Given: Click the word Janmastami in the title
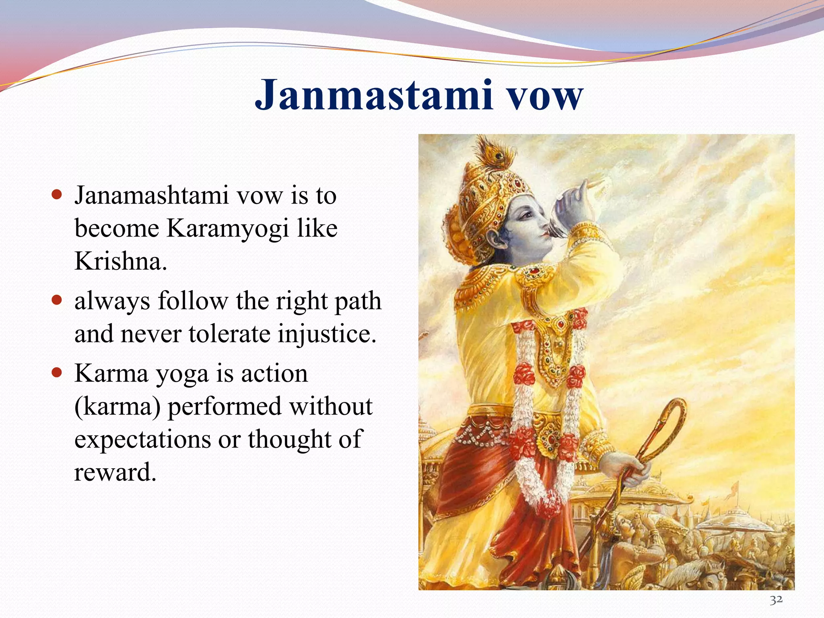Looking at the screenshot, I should [374, 95].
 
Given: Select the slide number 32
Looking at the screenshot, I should [776, 600].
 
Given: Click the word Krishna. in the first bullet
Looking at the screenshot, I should [120, 262].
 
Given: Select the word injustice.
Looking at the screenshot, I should [327, 334].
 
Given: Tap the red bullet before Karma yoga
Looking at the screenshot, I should [57, 373].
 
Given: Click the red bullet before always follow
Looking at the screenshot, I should [57, 300].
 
